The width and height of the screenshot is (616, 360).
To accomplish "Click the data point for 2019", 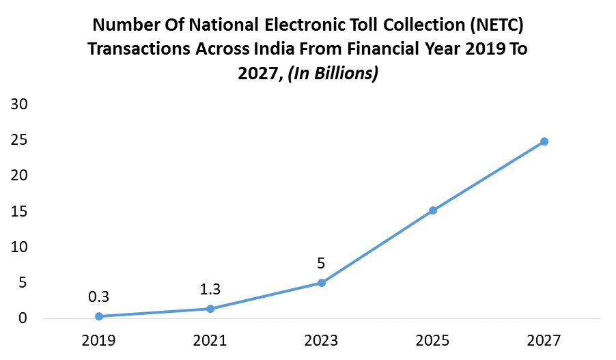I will (99, 316).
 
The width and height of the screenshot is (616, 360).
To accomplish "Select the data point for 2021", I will (210, 309).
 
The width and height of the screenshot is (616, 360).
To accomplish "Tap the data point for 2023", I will (322, 283).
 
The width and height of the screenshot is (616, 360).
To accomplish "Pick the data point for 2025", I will (433, 210).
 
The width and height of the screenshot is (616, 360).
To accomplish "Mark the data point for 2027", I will (544, 141).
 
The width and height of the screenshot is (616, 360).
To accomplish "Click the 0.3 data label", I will (99, 296).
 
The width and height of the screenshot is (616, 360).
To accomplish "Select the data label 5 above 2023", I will (322, 263).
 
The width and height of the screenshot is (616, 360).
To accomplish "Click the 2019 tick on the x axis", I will (99, 340).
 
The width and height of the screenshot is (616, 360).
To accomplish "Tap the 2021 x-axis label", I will (210, 340).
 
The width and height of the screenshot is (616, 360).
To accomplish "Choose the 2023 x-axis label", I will (322, 340).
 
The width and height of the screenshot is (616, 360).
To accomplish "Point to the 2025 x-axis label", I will (433, 340).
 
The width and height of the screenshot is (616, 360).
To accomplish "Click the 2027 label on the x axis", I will (544, 340).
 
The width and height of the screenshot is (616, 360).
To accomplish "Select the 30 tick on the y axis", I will (18, 105).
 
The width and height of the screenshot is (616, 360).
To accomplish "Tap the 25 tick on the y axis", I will (18, 140).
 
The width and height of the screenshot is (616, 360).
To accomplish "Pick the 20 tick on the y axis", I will (18, 176).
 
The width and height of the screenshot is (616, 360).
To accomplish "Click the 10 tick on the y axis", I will (18, 247).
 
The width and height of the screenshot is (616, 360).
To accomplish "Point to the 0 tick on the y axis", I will (23, 318).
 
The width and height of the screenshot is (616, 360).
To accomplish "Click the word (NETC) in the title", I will (495, 26).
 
